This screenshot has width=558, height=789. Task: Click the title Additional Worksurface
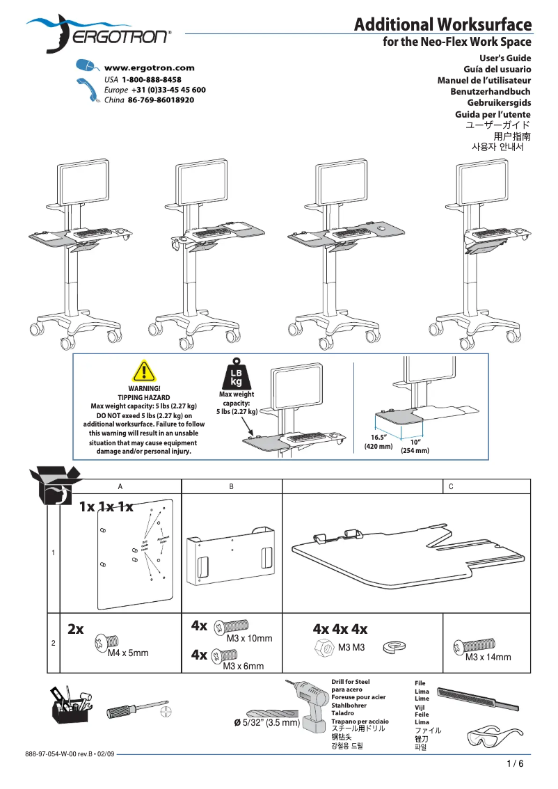point(443,26)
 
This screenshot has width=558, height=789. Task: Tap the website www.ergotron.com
point(149,68)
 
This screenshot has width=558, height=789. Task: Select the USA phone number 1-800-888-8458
point(152,80)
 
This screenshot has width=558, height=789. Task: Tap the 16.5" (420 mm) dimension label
point(378,442)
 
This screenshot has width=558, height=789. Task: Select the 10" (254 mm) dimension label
point(415,446)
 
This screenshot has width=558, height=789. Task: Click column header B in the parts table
point(231,486)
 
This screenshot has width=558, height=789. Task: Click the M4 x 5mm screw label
point(128,653)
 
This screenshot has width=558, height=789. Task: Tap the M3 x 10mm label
point(249,638)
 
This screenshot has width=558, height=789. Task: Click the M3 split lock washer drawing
point(394,648)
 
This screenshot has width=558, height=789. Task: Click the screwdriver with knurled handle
point(136,711)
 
